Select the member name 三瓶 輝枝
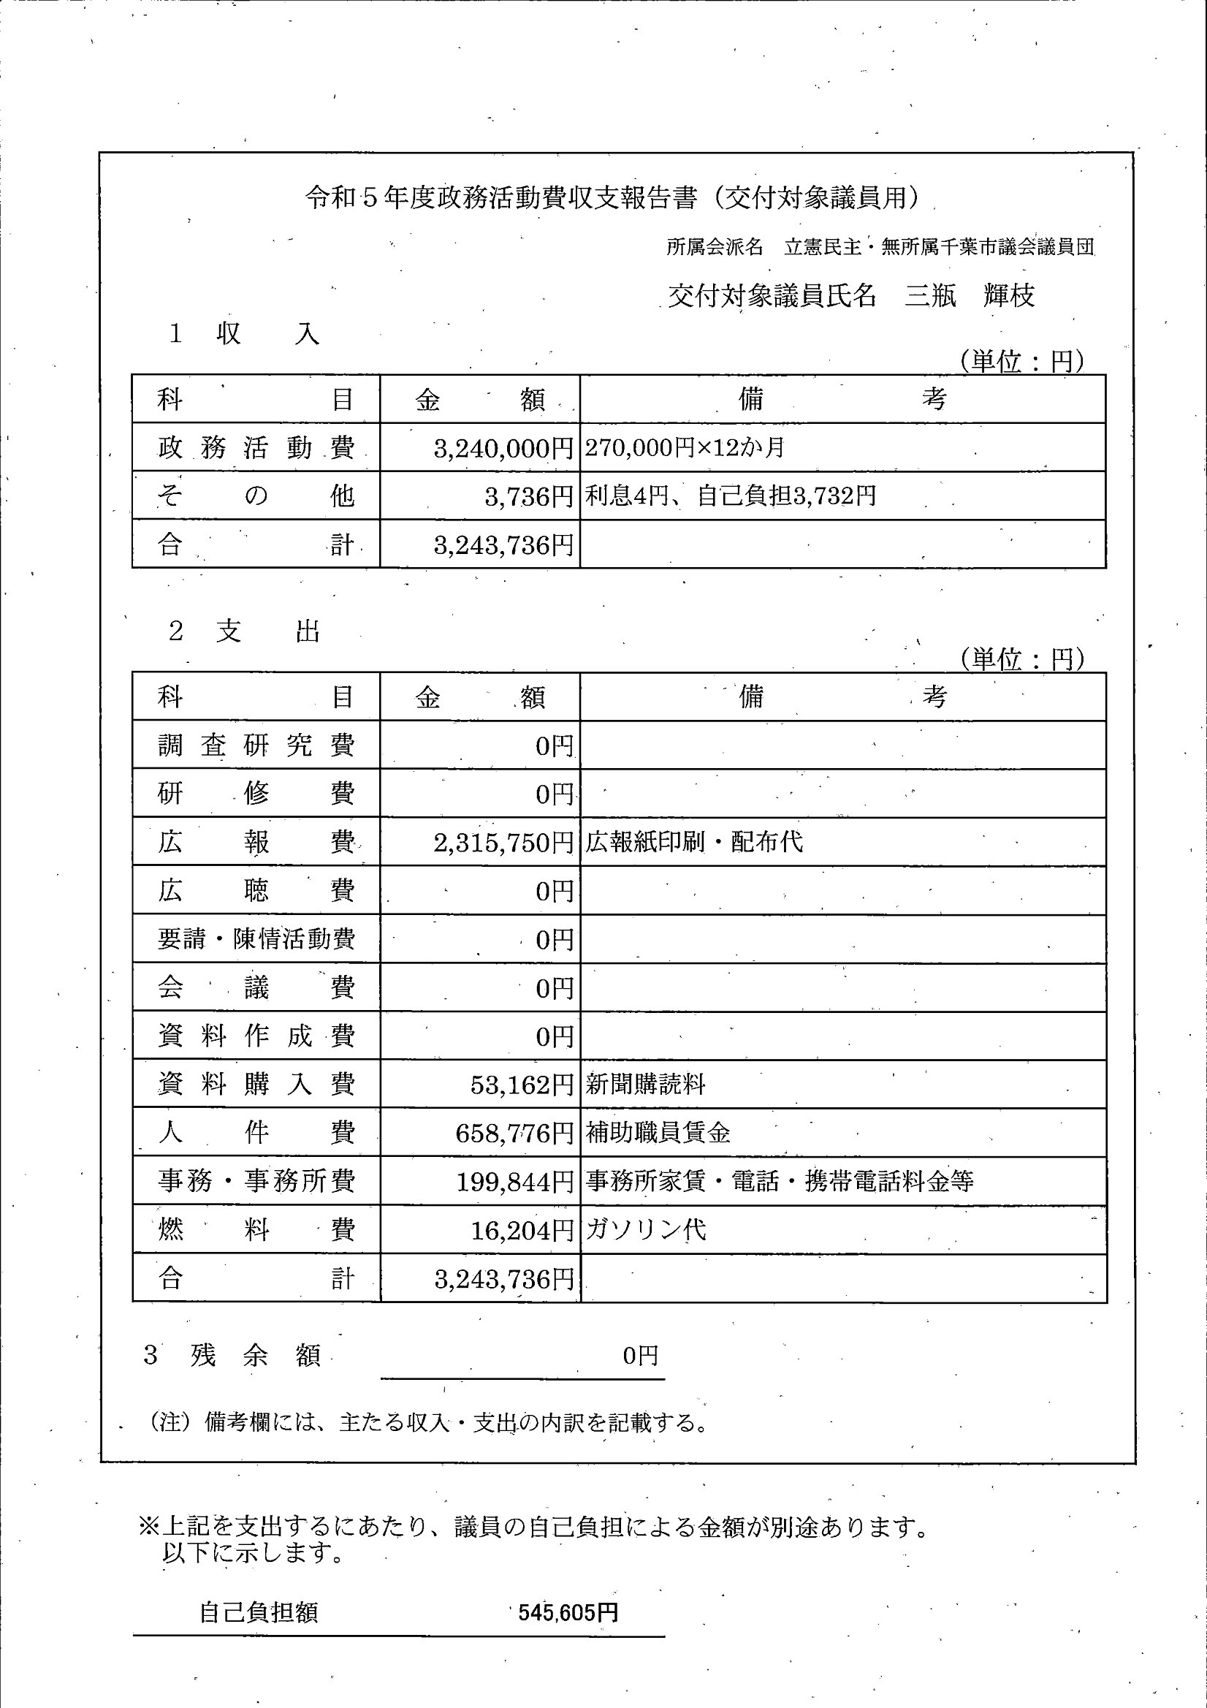point(969,296)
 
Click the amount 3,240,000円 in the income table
point(503,448)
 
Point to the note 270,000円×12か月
point(684,448)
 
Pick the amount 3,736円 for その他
point(529,496)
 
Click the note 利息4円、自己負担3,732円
point(731,496)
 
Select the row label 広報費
point(256,842)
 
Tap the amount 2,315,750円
point(503,843)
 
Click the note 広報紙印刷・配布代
point(694,842)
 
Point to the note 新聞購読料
point(644,1085)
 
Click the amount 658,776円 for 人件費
point(514,1133)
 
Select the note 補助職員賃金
point(658,1133)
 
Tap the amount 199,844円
point(514,1181)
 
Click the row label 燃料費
point(256,1230)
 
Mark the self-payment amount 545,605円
point(568,1613)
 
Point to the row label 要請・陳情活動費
point(256,939)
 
